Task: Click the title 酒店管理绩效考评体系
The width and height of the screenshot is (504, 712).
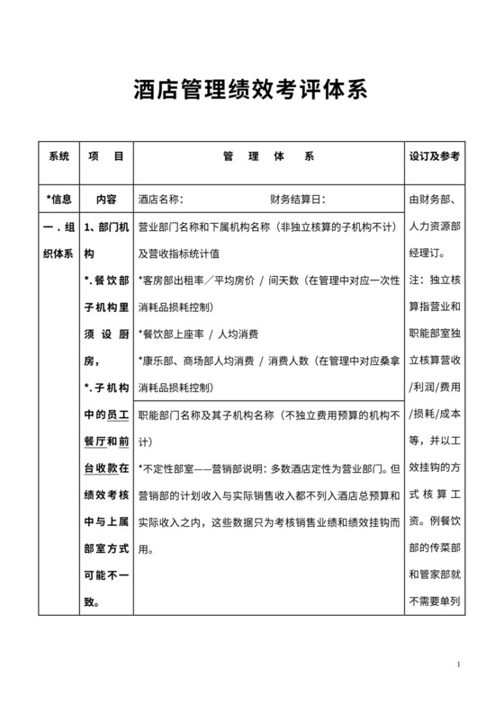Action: click(x=251, y=92)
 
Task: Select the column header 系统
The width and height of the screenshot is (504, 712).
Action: click(x=58, y=156)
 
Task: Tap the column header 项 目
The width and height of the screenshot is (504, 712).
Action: click(x=106, y=156)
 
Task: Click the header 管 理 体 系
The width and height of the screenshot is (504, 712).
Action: click(x=268, y=156)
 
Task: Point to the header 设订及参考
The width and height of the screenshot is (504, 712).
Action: click(x=435, y=156)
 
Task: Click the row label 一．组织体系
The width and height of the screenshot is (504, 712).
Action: click(x=58, y=240)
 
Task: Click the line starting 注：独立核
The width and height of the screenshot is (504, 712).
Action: click(x=435, y=280)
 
